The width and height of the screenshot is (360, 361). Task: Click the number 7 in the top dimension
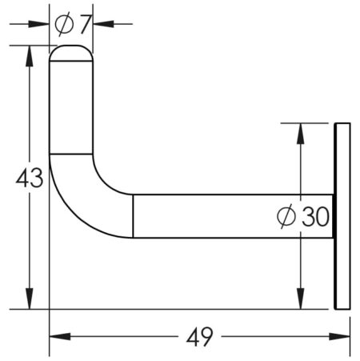point(83,24)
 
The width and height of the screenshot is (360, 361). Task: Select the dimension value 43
point(30,178)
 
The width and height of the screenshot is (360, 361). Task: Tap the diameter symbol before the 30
point(286,216)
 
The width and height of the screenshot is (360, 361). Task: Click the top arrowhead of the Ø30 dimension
point(300,130)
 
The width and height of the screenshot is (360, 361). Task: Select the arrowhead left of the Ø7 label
point(44,24)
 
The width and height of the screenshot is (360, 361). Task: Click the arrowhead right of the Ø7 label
point(100,24)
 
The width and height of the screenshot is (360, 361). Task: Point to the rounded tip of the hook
point(72,53)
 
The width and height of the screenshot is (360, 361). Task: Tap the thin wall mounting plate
point(342,215)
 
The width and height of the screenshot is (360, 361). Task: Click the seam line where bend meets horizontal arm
point(133,215)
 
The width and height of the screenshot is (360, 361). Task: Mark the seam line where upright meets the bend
point(72,154)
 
